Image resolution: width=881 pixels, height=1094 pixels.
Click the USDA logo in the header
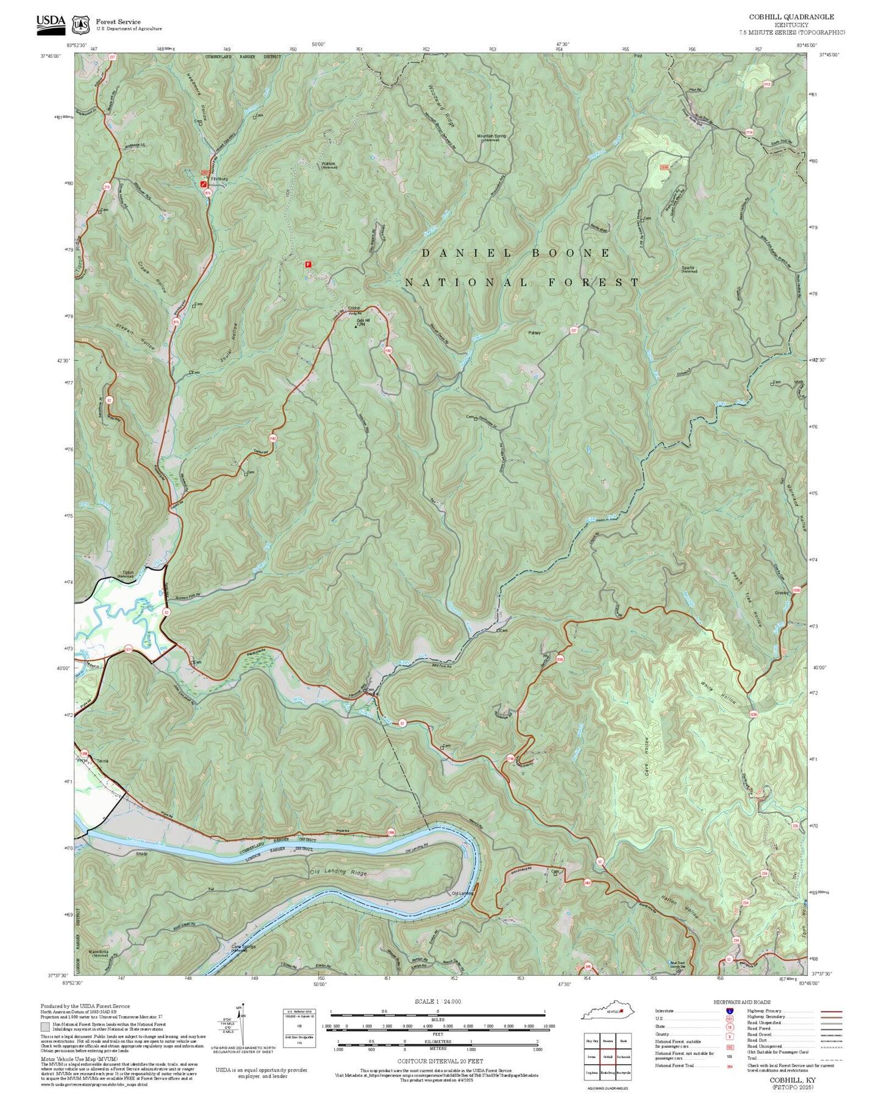point(51,22)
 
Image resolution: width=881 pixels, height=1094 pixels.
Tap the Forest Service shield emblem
point(80,25)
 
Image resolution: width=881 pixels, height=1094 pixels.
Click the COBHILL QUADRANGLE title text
point(791,16)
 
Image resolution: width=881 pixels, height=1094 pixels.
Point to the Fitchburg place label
point(219,179)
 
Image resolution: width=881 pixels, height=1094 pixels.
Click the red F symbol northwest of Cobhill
point(308,265)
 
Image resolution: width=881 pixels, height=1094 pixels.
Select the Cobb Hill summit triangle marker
point(356,326)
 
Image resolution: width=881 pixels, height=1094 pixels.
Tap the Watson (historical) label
point(329,164)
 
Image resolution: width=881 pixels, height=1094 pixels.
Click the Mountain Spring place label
point(491,137)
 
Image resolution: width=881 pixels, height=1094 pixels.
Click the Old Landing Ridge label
point(338,872)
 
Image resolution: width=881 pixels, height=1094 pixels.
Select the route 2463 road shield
point(587,882)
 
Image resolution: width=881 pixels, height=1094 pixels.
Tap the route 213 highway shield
point(107,187)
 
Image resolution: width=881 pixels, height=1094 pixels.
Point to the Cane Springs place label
point(243,947)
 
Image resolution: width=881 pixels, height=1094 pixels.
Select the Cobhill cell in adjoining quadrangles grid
point(607,1057)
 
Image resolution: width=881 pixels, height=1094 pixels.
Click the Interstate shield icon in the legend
point(729,1010)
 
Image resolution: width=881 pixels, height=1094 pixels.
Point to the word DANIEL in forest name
point(466,253)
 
